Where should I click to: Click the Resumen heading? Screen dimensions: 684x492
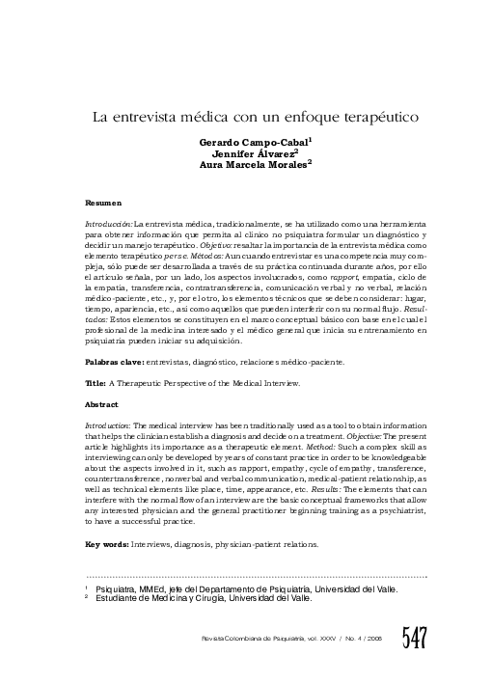104,205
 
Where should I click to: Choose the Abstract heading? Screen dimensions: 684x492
102,405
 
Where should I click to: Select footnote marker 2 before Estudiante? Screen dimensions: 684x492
88,597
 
